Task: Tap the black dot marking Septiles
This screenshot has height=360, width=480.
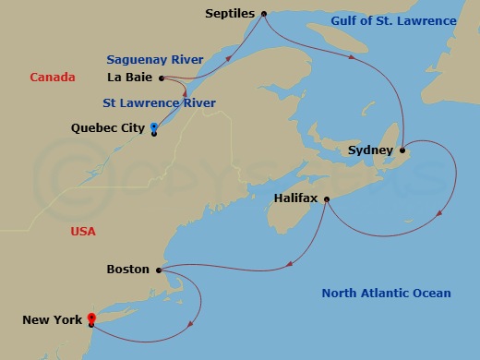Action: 264,14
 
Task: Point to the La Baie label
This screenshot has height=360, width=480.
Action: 129,78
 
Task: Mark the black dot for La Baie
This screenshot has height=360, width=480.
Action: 162,78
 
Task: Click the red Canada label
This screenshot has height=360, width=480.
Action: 53,78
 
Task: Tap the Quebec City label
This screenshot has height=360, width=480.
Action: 107,128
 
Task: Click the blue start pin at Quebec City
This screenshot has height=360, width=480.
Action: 154,126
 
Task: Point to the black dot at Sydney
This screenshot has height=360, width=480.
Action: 402,150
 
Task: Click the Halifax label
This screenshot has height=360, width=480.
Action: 297,198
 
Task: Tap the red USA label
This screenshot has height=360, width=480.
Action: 83,232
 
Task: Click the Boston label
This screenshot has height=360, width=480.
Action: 128,270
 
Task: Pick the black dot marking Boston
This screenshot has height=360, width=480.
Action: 160,270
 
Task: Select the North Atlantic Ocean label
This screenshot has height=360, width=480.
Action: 386,294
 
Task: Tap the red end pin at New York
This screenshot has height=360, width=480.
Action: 91,318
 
